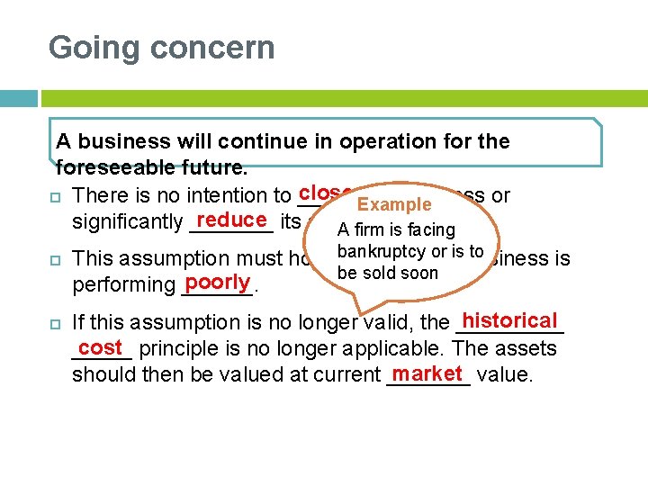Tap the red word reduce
coord(231,220)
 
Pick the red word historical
coord(510,320)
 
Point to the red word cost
coord(100,346)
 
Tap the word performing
coord(122,285)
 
